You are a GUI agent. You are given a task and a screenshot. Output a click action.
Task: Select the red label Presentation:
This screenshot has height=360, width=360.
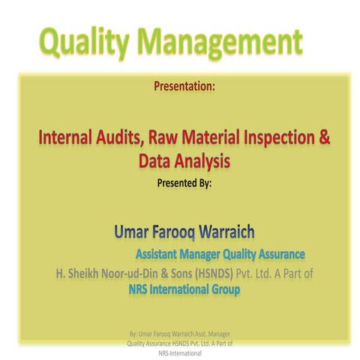[184, 86]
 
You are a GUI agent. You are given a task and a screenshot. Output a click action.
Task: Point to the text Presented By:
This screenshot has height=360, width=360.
[185, 181]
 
